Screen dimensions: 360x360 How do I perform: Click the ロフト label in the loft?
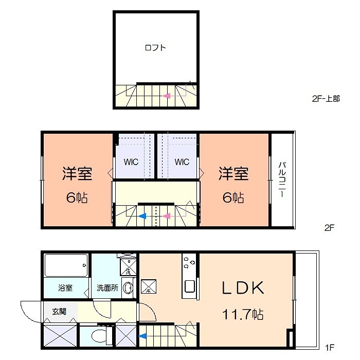point(155,48)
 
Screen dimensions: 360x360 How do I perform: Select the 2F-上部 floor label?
point(325,99)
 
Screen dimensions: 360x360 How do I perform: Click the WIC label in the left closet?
point(131,161)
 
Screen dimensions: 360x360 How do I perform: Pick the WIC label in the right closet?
point(182,161)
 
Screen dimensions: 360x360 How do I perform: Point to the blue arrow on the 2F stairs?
point(143,216)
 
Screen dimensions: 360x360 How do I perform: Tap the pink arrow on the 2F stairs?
point(167,216)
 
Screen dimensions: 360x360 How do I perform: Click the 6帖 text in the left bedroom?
point(77,197)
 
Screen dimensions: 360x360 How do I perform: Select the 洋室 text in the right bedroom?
point(233,174)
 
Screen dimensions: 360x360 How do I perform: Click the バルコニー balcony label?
point(282,179)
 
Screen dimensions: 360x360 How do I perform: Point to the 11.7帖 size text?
point(243,313)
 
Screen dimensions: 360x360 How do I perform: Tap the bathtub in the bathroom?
point(65,266)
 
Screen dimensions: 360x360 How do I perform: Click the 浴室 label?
point(65,288)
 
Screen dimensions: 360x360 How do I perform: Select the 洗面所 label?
point(107,288)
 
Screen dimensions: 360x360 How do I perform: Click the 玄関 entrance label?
point(59,311)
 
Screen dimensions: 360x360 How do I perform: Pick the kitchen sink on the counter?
point(189,287)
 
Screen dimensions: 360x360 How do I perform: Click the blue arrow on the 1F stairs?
point(143,337)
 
